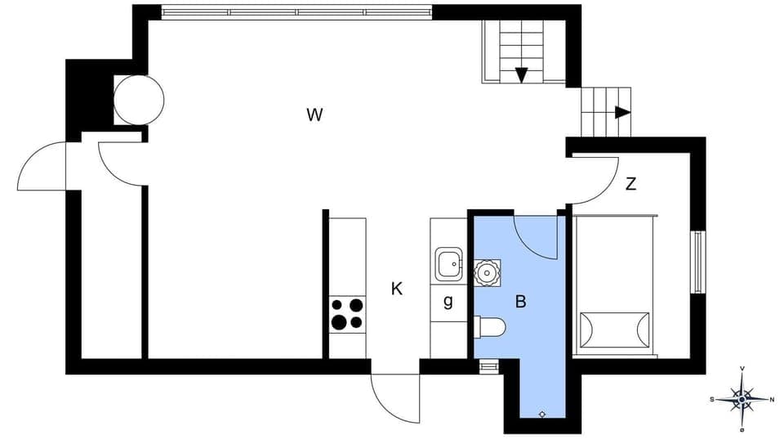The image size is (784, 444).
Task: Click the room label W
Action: (314, 114)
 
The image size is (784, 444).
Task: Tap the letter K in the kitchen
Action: (397, 289)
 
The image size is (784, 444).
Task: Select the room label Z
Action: (630, 184)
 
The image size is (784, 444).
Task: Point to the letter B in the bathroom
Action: (520, 302)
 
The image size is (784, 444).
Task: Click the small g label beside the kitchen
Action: (448, 302)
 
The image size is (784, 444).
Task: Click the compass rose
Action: (742, 399)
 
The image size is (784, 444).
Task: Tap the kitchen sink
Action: (448, 265)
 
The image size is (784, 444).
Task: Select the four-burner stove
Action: (347, 314)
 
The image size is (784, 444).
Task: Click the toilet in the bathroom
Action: (490, 328)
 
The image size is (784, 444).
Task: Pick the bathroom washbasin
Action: (488, 271)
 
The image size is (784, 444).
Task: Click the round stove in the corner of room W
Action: (138, 100)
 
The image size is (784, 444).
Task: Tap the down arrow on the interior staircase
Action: (521, 75)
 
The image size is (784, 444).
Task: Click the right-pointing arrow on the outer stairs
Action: (622, 112)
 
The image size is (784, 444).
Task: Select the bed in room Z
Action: (615, 285)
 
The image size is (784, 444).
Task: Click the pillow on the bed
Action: (615, 330)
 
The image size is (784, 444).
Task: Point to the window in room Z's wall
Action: (698, 262)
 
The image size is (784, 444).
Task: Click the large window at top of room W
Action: (296, 12)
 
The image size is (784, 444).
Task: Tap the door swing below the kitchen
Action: (396, 399)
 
